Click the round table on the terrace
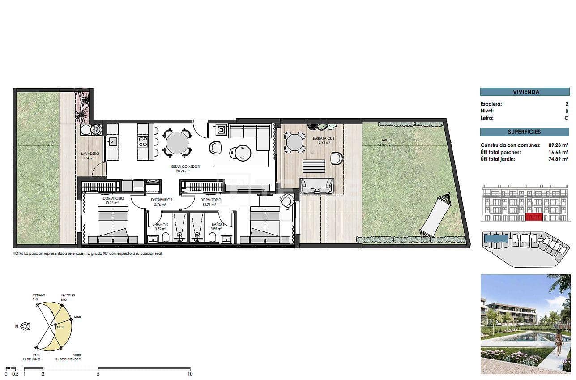coord(294,143)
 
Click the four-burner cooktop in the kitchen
coord(143,141)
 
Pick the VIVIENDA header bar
coord(525,92)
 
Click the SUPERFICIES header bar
coord(525,132)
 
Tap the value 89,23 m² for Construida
coord(558,145)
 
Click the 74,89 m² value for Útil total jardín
coord(558,159)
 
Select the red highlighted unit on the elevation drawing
coord(533,218)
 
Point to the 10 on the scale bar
coord(190,374)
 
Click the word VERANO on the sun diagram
coord(39,295)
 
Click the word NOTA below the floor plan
coord(17,253)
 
